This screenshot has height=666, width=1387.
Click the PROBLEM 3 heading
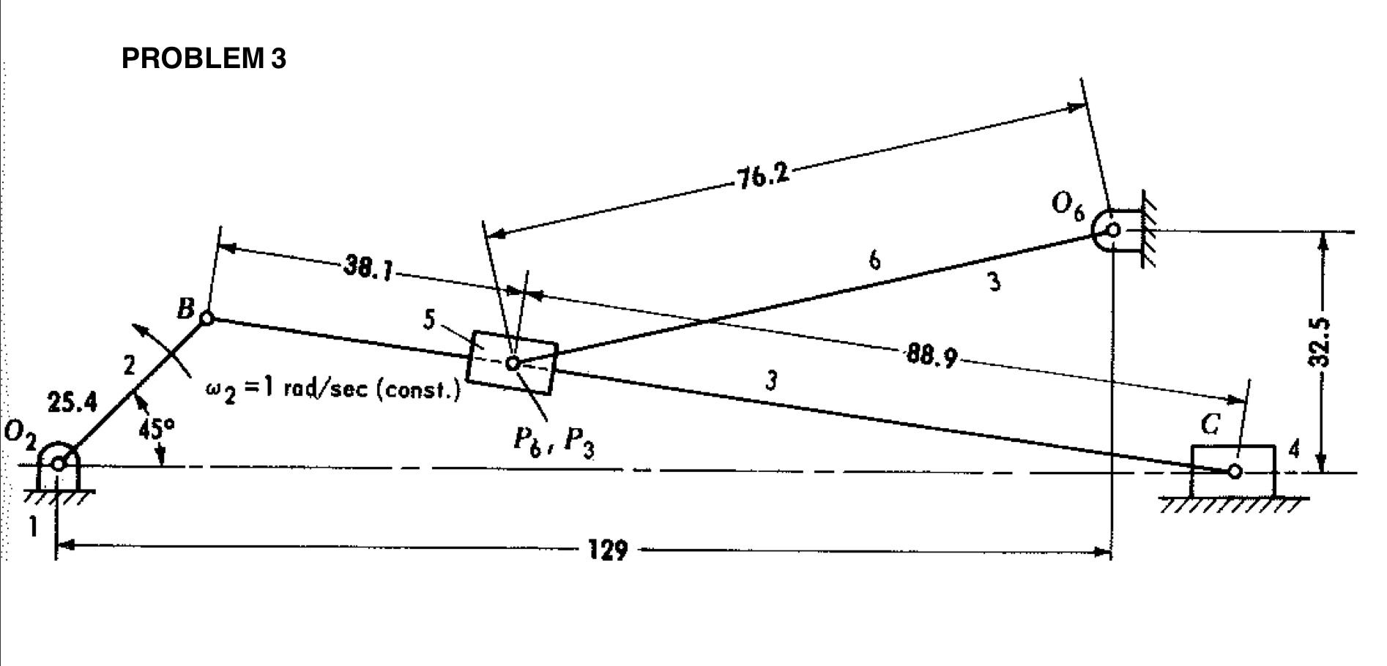pos(204,58)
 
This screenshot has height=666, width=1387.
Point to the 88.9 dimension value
pos(931,357)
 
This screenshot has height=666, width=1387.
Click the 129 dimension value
pos(608,550)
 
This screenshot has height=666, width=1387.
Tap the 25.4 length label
pos(72,403)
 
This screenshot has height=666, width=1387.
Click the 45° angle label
pos(157,428)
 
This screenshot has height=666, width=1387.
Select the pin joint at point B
pos(207,318)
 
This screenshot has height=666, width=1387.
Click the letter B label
pos(185,309)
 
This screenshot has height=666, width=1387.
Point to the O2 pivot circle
pos(59,463)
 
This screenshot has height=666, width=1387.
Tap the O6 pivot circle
pos(1112,230)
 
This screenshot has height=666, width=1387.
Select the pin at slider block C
pos(1235,471)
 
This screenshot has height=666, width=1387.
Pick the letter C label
pos(1211,425)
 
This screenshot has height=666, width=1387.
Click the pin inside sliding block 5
pos(513,362)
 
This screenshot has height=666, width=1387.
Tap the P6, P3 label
pos(553,441)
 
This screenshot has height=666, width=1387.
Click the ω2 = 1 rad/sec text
pos(333,389)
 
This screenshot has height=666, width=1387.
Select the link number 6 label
pos(874,260)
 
